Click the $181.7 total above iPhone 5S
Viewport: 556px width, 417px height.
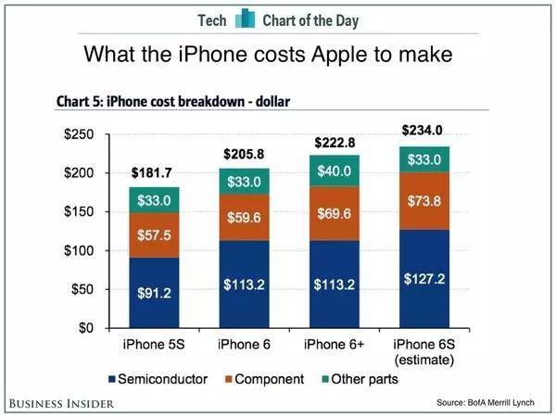click(155, 171)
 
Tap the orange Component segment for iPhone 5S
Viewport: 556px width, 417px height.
click(155, 237)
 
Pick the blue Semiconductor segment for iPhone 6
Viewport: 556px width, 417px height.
click(244, 284)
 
